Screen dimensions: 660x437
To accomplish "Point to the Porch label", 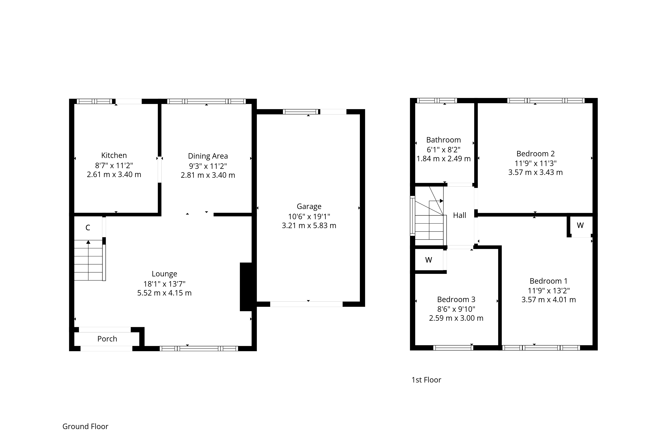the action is pos(107,339).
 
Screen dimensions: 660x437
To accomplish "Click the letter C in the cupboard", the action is pos(88,228).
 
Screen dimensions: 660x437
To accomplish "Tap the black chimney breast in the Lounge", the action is pos(246,287).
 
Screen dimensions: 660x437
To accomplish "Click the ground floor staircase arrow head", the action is pos(88,242).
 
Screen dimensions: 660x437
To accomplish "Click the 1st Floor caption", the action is pos(426,380).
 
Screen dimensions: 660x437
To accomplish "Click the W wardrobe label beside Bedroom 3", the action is pos(429,260).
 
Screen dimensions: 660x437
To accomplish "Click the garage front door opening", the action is pos(306,304).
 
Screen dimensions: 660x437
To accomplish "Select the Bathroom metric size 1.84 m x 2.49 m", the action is pos(444,159).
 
